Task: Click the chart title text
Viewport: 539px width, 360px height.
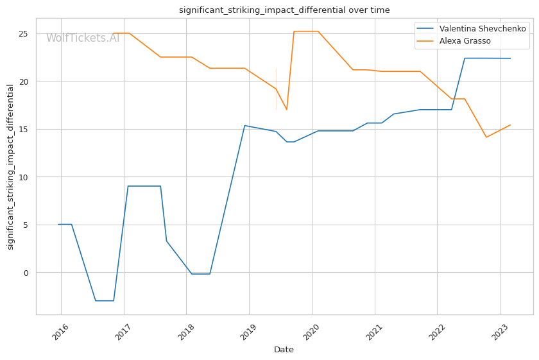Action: point(284,10)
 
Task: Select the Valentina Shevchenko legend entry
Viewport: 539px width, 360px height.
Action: point(482,29)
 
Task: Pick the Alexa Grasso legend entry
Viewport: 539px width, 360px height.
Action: point(465,41)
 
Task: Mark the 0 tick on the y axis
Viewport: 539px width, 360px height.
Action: point(26,273)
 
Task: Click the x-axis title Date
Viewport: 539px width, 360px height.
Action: point(284,350)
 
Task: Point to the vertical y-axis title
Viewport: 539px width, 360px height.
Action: point(10,167)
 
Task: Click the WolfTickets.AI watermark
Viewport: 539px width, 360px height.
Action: point(83,38)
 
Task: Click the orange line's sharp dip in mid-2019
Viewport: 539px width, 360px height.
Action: point(287,109)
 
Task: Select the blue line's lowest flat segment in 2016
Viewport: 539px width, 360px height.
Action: point(105,300)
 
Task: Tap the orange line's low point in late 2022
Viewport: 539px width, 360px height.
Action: point(486,137)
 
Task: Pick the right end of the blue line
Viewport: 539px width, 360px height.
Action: point(510,58)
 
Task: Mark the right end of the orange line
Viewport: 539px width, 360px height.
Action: point(510,125)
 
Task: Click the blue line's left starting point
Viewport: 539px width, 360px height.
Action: point(58,225)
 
